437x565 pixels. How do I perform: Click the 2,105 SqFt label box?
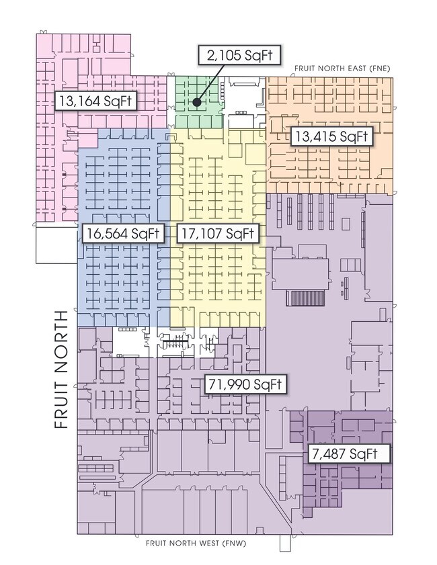tap(239, 55)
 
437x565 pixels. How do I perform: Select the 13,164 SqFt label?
tap(95, 101)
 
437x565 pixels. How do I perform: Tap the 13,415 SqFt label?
tap(331, 136)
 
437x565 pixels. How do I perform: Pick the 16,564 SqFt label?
tap(123, 233)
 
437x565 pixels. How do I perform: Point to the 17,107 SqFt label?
tap(217, 233)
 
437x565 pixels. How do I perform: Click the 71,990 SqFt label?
tap(245, 384)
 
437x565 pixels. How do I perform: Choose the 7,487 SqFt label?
tap(349, 453)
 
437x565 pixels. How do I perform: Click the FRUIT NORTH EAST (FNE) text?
tap(342, 68)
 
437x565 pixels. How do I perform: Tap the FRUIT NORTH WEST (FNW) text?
tap(196, 543)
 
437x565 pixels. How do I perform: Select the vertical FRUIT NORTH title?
tap(61, 369)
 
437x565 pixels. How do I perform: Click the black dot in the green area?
tap(196, 102)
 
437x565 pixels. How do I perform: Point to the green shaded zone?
tap(199, 102)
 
